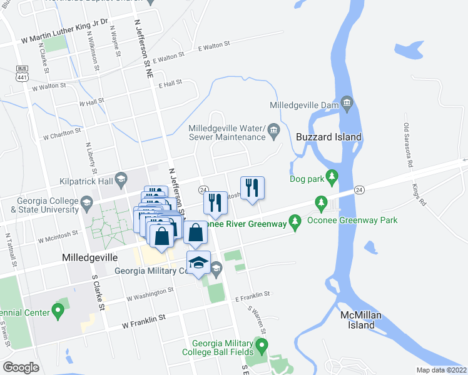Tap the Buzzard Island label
(328, 137)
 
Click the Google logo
(21, 367)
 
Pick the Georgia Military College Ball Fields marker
(262, 344)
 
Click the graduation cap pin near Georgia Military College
(198, 262)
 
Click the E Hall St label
(169, 82)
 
